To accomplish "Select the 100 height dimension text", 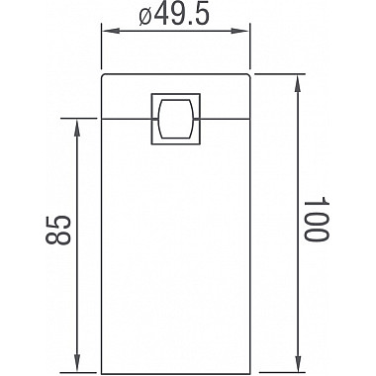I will click(x=314, y=220).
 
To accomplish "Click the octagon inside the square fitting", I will click(x=175, y=119).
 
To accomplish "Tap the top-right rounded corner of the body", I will click(x=247, y=76).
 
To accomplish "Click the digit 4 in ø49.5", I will click(x=164, y=17).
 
